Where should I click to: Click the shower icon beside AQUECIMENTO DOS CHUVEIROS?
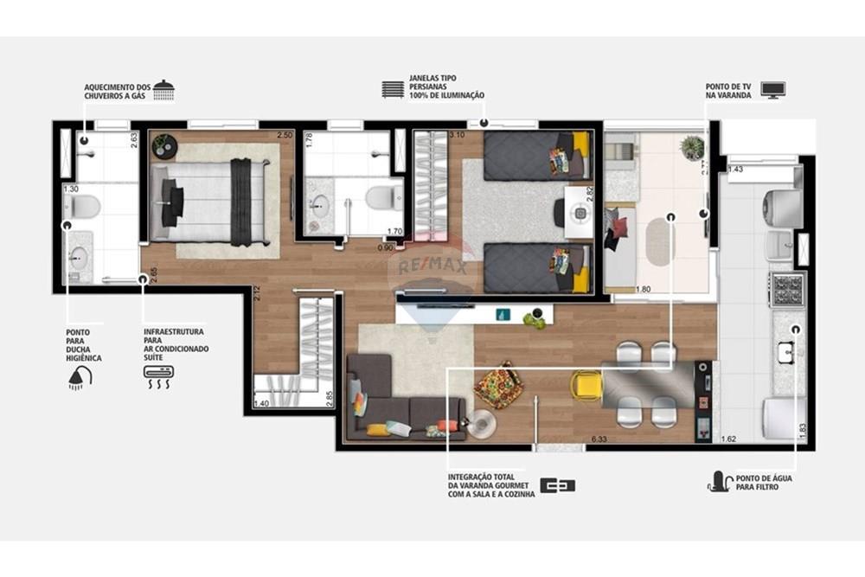[x=163, y=88]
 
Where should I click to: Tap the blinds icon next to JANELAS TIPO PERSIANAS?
[x=393, y=89]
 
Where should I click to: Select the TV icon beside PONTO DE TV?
[x=772, y=89]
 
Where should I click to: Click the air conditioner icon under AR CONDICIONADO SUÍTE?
[x=158, y=375]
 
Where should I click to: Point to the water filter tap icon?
[x=721, y=481]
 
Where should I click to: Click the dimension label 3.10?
[x=458, y=135]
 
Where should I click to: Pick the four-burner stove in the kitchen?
[x=787, y=289]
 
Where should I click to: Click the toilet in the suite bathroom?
[x=83, y=206]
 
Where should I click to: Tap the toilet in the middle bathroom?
[x=381, y=197]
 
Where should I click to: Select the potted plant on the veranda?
[x=692, y=147]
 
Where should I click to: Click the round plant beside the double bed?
[x=164, y=146]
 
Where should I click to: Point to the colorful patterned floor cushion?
[x=499, y=388]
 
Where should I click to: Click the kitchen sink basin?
[x=786, y=351]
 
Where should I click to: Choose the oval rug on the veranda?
[x=660, y=241]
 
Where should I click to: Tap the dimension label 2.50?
[x=285, y=135]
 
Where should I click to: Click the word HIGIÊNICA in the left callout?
[x=85, y=357]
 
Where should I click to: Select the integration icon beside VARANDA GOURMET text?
[x=557, y=485]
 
